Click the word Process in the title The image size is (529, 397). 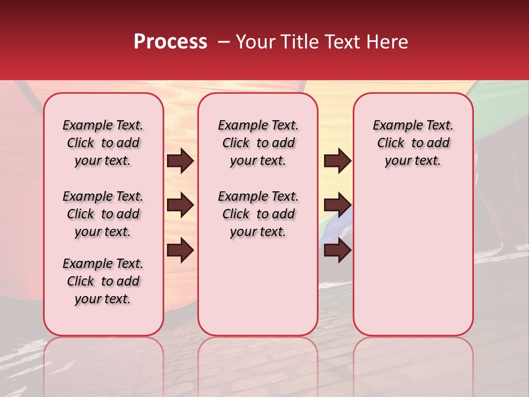point(170,42)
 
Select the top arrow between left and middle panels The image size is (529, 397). point(180,161)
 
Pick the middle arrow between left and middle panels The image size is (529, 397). point(180,206)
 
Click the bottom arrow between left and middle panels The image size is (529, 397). point(180,251)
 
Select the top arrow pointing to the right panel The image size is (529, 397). point(337,161)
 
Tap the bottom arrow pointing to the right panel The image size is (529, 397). point(337,251)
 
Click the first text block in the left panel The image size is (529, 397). point(103,143)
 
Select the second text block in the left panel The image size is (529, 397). point(103,214)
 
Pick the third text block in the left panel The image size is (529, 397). point(103,281)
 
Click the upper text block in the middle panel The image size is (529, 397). point(258,143)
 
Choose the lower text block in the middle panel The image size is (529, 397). point(258,214)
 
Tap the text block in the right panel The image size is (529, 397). point(413,143)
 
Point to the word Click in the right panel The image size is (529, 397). point(391,143)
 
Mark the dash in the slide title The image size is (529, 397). point(224,42)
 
